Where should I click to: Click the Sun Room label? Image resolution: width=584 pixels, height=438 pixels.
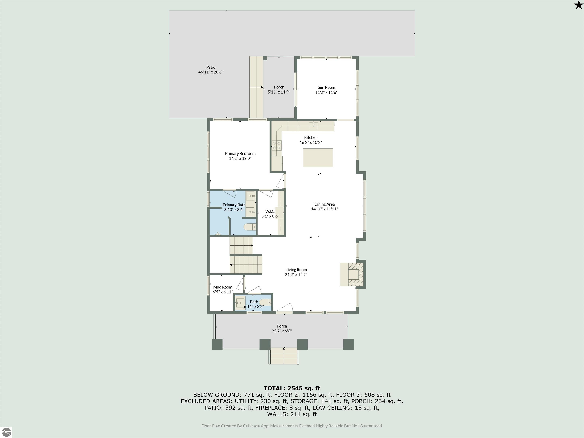(x=326, y=87)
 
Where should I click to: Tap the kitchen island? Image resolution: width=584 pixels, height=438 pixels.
(x=318, y=158)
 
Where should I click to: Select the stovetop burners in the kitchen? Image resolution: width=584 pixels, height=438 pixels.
(x=276, y=145)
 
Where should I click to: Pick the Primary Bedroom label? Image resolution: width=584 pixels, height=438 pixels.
(x=240, y=154)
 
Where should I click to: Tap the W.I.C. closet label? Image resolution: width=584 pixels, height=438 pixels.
(x=270, y=211)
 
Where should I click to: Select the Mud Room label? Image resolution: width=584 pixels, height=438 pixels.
(x=223, y=287)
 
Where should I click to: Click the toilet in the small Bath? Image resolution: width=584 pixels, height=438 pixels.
(x=265, y=302)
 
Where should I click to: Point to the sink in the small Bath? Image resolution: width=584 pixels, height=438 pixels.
(x=240, y=303)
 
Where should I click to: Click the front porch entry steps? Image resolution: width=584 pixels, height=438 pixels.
(x=284, y=356)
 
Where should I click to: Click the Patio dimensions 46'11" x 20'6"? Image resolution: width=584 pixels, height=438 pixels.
(x=211, y=72)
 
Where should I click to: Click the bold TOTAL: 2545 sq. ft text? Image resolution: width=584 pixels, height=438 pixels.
(x=292, y=388)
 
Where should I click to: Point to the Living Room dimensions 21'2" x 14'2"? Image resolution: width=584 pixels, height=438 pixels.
(x=296, y=275)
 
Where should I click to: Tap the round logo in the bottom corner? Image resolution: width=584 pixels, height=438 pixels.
(x=7, y=432)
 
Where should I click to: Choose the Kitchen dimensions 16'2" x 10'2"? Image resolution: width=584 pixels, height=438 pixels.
(x=311, y=143)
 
